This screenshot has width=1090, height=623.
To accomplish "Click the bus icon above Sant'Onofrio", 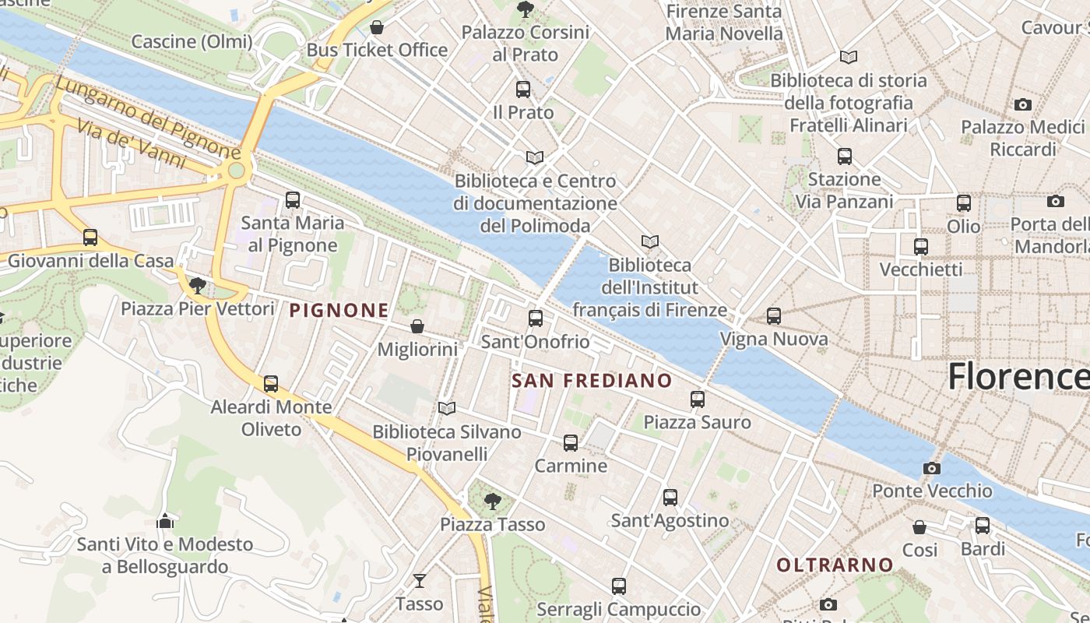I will pyautogui.click(x=535, y=318).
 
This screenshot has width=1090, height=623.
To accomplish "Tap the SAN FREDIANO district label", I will pyautogui.click(x=592, y=380).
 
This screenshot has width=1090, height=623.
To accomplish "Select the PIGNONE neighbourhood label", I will pyautogui.click(x=339, y=311).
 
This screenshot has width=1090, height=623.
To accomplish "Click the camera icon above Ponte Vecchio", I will pyautogui.click(x=931, y=468).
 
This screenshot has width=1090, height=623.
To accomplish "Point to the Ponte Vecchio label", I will pyautogui.click(x=932, y=491).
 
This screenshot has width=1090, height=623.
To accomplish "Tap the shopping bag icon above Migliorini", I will pyautogui.click(x=417, y=326).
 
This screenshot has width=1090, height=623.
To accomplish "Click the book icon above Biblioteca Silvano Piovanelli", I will pyautogui.click(x=446, y=408).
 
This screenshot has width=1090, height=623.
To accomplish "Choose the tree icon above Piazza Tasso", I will pyautogui.click(x=491, y=501).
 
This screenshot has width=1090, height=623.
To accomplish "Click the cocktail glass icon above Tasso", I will pyautogui.click(x=419, y=580).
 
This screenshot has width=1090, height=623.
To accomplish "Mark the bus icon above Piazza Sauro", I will pyautogui.click(x=697, y=399).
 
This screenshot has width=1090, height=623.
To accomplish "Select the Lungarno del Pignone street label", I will pyautogui.click(x=148, y=116).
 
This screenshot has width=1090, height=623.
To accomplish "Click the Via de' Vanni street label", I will pyautogui.click(x=132, y=145).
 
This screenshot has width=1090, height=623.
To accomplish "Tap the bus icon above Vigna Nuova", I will pyautogui.click(x=773, y=316).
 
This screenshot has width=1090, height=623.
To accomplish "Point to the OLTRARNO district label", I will pyautogui.click(x=835, y=565).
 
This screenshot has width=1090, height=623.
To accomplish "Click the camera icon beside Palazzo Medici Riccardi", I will pyautogui.click(x=1022, y=104).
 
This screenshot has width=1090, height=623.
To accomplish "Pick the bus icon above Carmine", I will pyautogui.click(x=571, y=442).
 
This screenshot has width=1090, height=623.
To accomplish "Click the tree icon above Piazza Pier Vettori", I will pyautogui.click(x=198, y=285).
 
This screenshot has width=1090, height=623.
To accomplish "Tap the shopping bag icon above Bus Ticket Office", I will pyautogui.click(x=377, y=27).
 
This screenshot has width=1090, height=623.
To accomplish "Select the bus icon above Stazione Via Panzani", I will pyautogui.click(x=844, y=156).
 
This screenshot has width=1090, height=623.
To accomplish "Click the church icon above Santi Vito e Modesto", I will pyautogui.click(x=165, y=520).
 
